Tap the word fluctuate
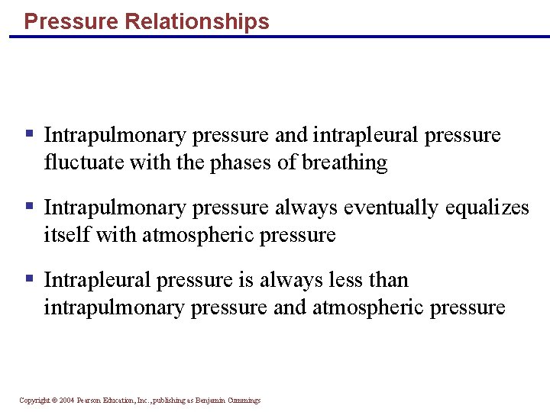pyautogui.click(x=79, y=163)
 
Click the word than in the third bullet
pyautogui.click(x=387, y=280)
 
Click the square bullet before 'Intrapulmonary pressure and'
pyautogui.click(x=29, y=134)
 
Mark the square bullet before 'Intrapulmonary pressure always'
pyautogui.click(x=29, y=206)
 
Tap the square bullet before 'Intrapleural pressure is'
pyautogui.click(x=29, y=278)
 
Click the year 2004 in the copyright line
pyautogui.click(x=66, y=401)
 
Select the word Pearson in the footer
pyautogui.click(x=90, y=401)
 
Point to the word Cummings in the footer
pyautogui.click(x=243, y=401)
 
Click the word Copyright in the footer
pyautogui.click(x=34, y=401)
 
